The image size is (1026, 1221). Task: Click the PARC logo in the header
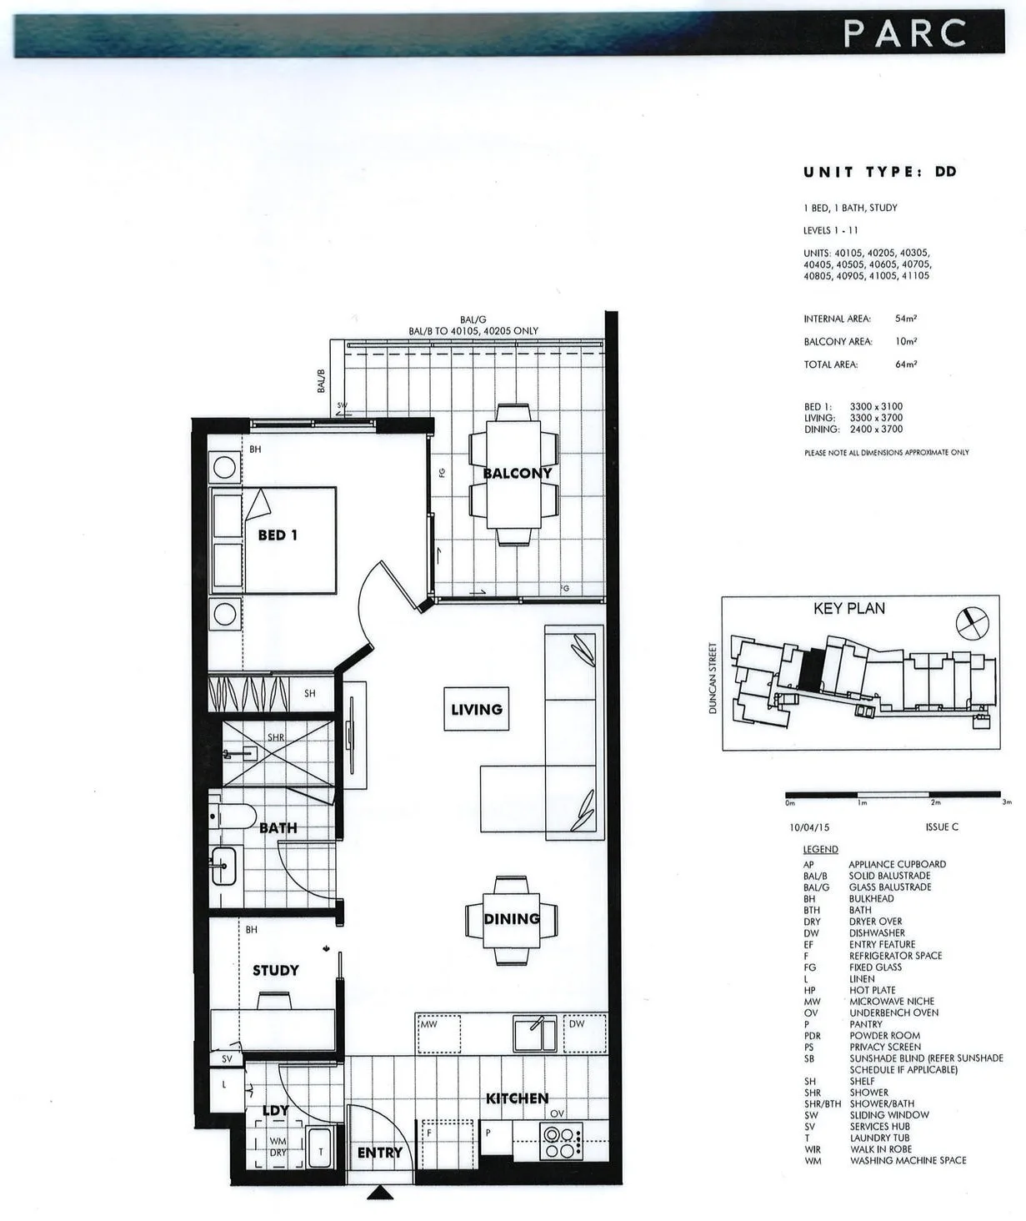click(905, 33)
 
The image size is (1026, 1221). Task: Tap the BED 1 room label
click(278, 535)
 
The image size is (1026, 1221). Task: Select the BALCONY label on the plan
click(517, 473)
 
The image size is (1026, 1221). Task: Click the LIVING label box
click(476, 709)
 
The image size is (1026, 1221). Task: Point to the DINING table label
click(511, 919)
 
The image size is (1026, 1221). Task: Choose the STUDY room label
click(275, 971)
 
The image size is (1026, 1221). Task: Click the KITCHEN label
click(517, 1098)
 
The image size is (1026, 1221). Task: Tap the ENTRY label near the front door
click(380, 1153)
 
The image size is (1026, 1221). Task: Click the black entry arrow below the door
click(380, 1192)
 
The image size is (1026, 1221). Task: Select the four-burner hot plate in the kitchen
click(561, 1143)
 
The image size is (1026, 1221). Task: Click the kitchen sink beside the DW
click(535, 1034)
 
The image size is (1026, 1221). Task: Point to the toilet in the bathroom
click(233, 815)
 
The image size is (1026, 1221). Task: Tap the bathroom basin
click(223, 866)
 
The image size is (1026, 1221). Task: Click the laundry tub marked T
click(319, 1148)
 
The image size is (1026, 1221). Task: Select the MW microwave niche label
click(428, 1024)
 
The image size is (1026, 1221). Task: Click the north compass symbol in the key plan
click(973, 623)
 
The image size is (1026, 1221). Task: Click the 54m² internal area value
click(906, 319)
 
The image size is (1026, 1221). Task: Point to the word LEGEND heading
click(820, 849)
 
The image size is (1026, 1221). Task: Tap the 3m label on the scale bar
click(1007, 802)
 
